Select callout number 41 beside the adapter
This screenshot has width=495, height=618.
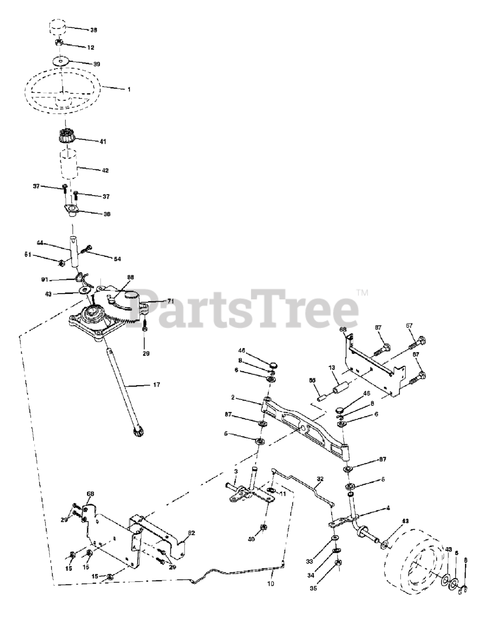click(x=102, y=141)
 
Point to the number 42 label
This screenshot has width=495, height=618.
click(x=105, y=170)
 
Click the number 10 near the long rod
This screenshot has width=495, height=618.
click(x=270, y=584)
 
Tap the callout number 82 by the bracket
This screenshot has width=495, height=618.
click(x=191, y=533)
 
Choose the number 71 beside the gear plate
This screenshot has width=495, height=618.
click(x=170, y=301)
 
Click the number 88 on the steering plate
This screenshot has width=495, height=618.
click(x=130, y=277)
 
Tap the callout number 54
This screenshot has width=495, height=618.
click(x=117, y=259)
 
